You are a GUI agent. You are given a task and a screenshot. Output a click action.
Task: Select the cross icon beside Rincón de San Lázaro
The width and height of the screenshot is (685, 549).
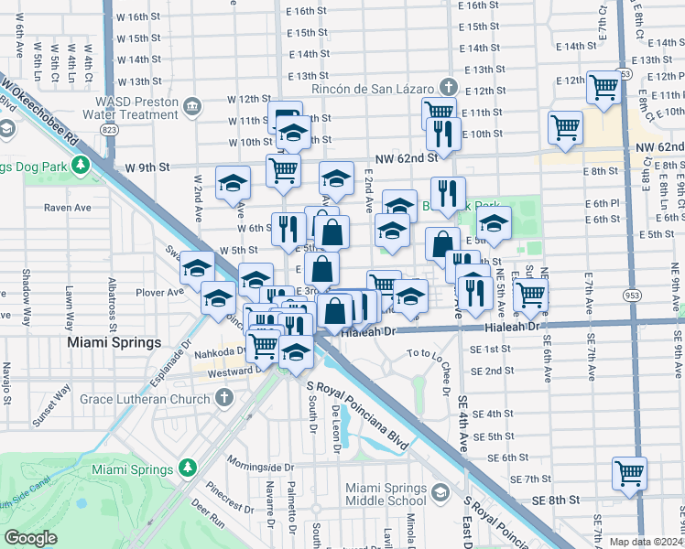tap(448, 88)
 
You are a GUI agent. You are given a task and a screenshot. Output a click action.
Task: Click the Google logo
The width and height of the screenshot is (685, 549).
tap(30, 537)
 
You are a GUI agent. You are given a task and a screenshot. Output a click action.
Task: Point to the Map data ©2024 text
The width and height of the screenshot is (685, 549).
tap(646, 542)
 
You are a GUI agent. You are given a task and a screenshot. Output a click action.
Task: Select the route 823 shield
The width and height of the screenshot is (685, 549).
tap(111, 131)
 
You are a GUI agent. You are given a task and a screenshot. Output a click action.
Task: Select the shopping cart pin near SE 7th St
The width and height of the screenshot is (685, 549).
tap(629, 473)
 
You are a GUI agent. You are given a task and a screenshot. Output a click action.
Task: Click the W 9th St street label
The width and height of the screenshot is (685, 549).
tap(149, 167)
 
